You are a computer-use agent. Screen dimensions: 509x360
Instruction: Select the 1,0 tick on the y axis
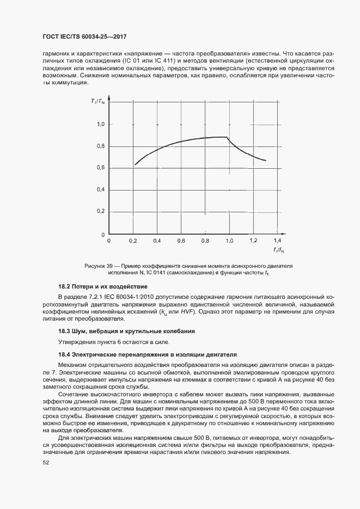[101, 125]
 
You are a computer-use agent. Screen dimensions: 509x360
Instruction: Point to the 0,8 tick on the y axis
[101, 146]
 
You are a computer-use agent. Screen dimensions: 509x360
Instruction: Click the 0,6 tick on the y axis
[101, 168]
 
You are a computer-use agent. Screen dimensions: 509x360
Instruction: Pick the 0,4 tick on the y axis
[101, 189]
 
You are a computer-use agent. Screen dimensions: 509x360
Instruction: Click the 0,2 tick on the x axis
[133, 240]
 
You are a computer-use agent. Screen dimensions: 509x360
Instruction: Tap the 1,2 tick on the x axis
[253, 240]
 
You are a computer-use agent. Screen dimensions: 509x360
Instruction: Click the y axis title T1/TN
[98, 101]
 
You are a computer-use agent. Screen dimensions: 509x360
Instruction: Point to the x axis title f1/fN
[278, 250]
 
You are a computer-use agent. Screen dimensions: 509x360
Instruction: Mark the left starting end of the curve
[135, 164]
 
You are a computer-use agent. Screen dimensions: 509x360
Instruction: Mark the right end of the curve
[265, 161]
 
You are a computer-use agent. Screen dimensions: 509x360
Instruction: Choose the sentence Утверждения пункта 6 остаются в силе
[114, 342]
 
